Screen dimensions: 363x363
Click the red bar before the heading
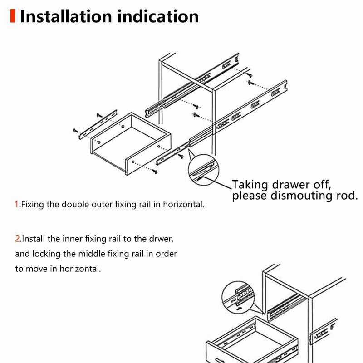(x=13, y=16)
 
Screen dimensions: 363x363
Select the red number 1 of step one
(x=17, y=204)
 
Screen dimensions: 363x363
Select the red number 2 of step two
(x=17, y=238)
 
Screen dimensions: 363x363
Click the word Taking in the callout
(x=250, y=185)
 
